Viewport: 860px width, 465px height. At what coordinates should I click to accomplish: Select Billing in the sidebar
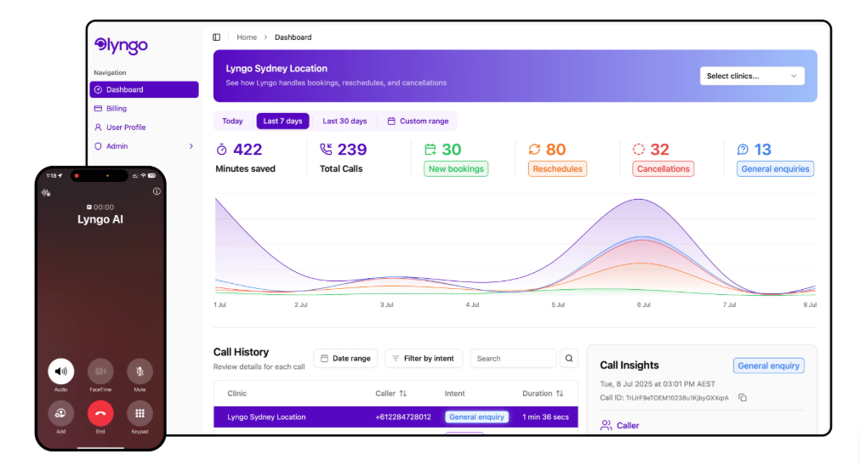click(116, 109)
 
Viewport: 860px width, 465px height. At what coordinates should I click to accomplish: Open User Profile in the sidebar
click(125, 128)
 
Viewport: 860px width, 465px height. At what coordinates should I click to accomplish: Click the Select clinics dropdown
click(752, 76)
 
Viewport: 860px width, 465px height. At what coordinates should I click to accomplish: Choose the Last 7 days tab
click(282, 121)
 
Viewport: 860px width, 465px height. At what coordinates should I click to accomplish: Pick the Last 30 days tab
click(345, 121)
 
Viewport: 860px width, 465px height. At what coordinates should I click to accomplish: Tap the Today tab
click(232, 121)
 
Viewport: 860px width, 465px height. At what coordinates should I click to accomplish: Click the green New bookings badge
click(456, 169)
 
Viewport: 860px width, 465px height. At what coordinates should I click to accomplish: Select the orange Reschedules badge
click(557, 169)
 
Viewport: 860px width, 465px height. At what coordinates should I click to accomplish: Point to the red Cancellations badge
click(663, 169)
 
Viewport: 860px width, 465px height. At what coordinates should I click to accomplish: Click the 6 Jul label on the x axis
click(643, 304)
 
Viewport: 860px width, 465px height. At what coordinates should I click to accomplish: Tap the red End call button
click(100, 414)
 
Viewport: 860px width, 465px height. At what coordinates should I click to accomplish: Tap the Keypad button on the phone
click(140, 414)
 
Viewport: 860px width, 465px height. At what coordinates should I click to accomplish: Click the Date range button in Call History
click(345, 359)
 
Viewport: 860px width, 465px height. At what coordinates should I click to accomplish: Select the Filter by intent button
click(423, 359)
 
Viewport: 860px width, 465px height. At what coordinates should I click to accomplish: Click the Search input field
click(512, 359)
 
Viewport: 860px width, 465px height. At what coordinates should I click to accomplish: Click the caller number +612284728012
click(403, 417)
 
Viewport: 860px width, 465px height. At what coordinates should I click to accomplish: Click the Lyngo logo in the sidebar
click(122, 45)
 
